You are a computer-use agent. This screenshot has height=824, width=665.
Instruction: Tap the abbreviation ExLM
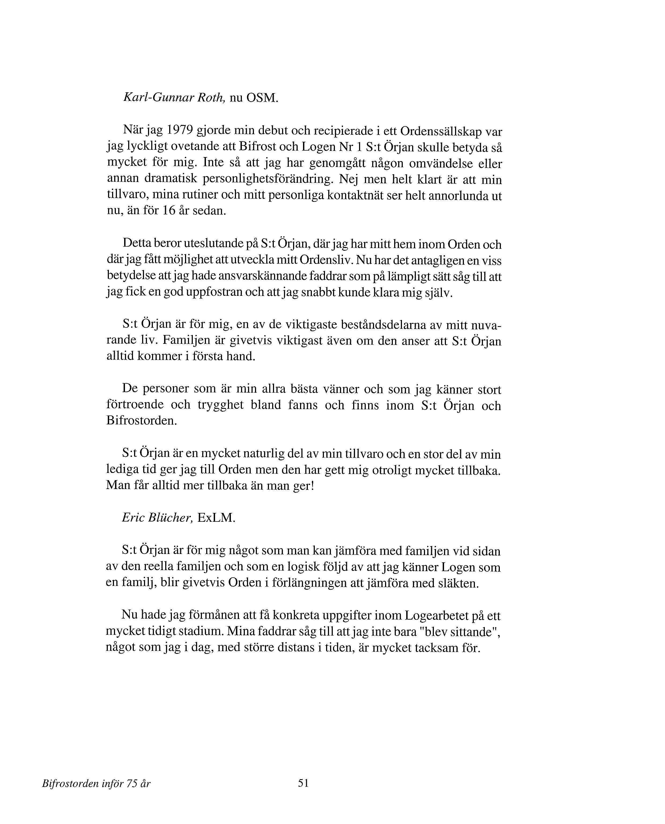[216, 518]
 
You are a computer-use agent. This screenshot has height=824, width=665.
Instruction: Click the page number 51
[303, 783]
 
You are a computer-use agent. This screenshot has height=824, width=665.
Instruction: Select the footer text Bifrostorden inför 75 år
[96, 784]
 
